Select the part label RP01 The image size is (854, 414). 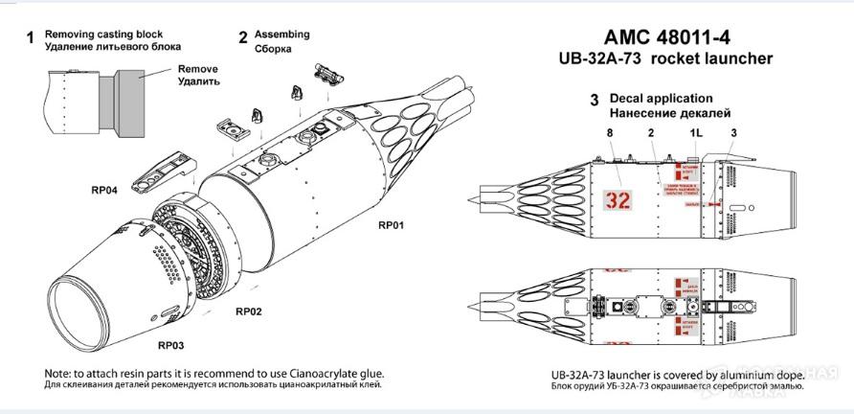tap(391, 226)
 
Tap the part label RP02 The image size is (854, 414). tap(249, 311)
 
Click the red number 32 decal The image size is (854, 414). tap(618, 201)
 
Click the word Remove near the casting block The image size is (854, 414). tap(198, 69)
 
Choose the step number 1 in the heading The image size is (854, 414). tap(30, 38)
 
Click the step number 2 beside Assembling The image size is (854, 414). tap(243, 38)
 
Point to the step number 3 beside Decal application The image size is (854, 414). tap(594, 100)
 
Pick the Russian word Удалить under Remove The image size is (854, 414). tap(199, 81)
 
